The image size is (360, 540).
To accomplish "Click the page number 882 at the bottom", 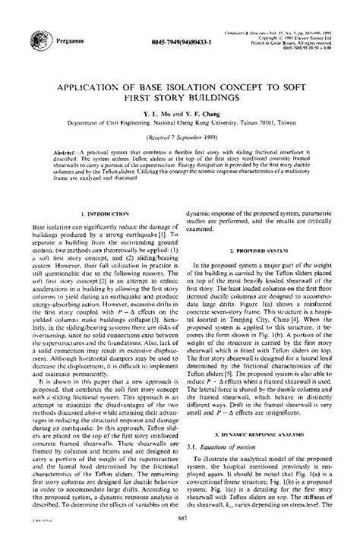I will (x=179, y=518).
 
